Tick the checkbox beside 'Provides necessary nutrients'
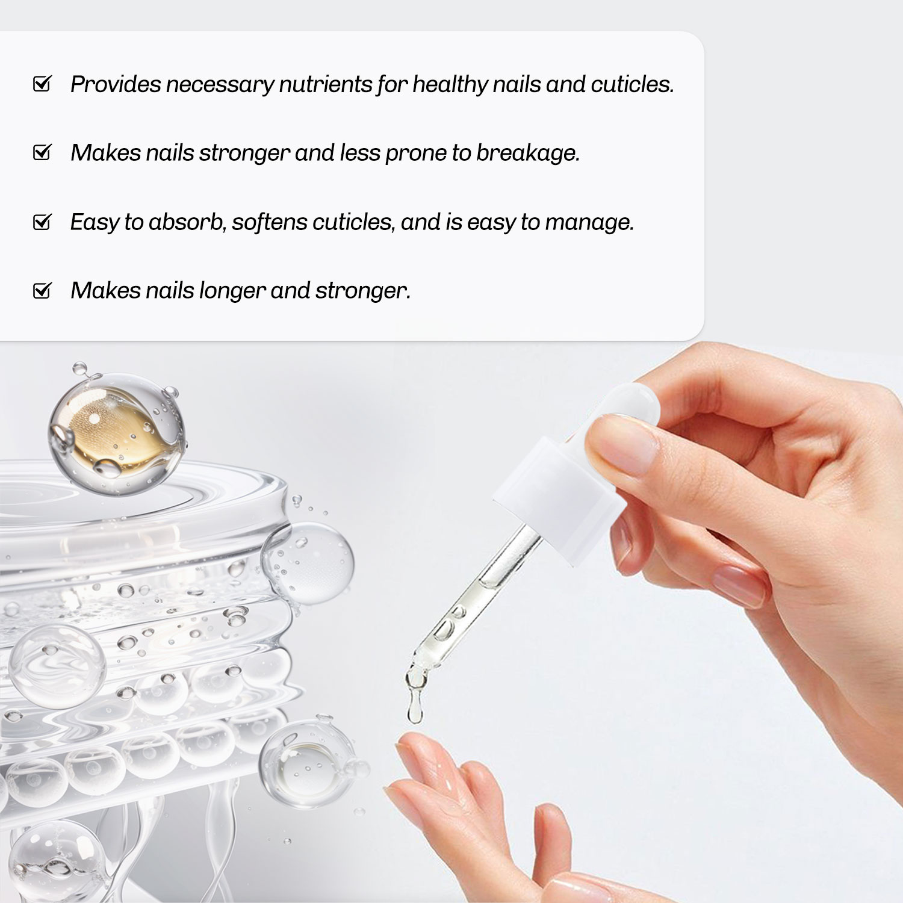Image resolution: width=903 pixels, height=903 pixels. point(42,84)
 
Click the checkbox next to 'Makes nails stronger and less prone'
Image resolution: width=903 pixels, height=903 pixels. point(42,152)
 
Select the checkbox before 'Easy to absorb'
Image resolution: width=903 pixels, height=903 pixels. point(42,222)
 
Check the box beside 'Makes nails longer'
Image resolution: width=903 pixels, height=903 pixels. point(42,290)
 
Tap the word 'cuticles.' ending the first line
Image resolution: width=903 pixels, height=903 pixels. point(632,84)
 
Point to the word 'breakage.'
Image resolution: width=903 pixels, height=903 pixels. point(528,153)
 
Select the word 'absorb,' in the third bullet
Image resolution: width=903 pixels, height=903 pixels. point(187,222)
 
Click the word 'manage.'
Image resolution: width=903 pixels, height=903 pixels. point(589,222)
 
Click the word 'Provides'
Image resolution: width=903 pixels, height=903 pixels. point(116,84)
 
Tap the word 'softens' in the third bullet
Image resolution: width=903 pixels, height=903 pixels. point(270,222)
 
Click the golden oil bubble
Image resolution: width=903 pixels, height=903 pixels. point(116,432)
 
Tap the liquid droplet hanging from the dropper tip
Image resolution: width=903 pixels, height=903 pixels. point(415,698)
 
